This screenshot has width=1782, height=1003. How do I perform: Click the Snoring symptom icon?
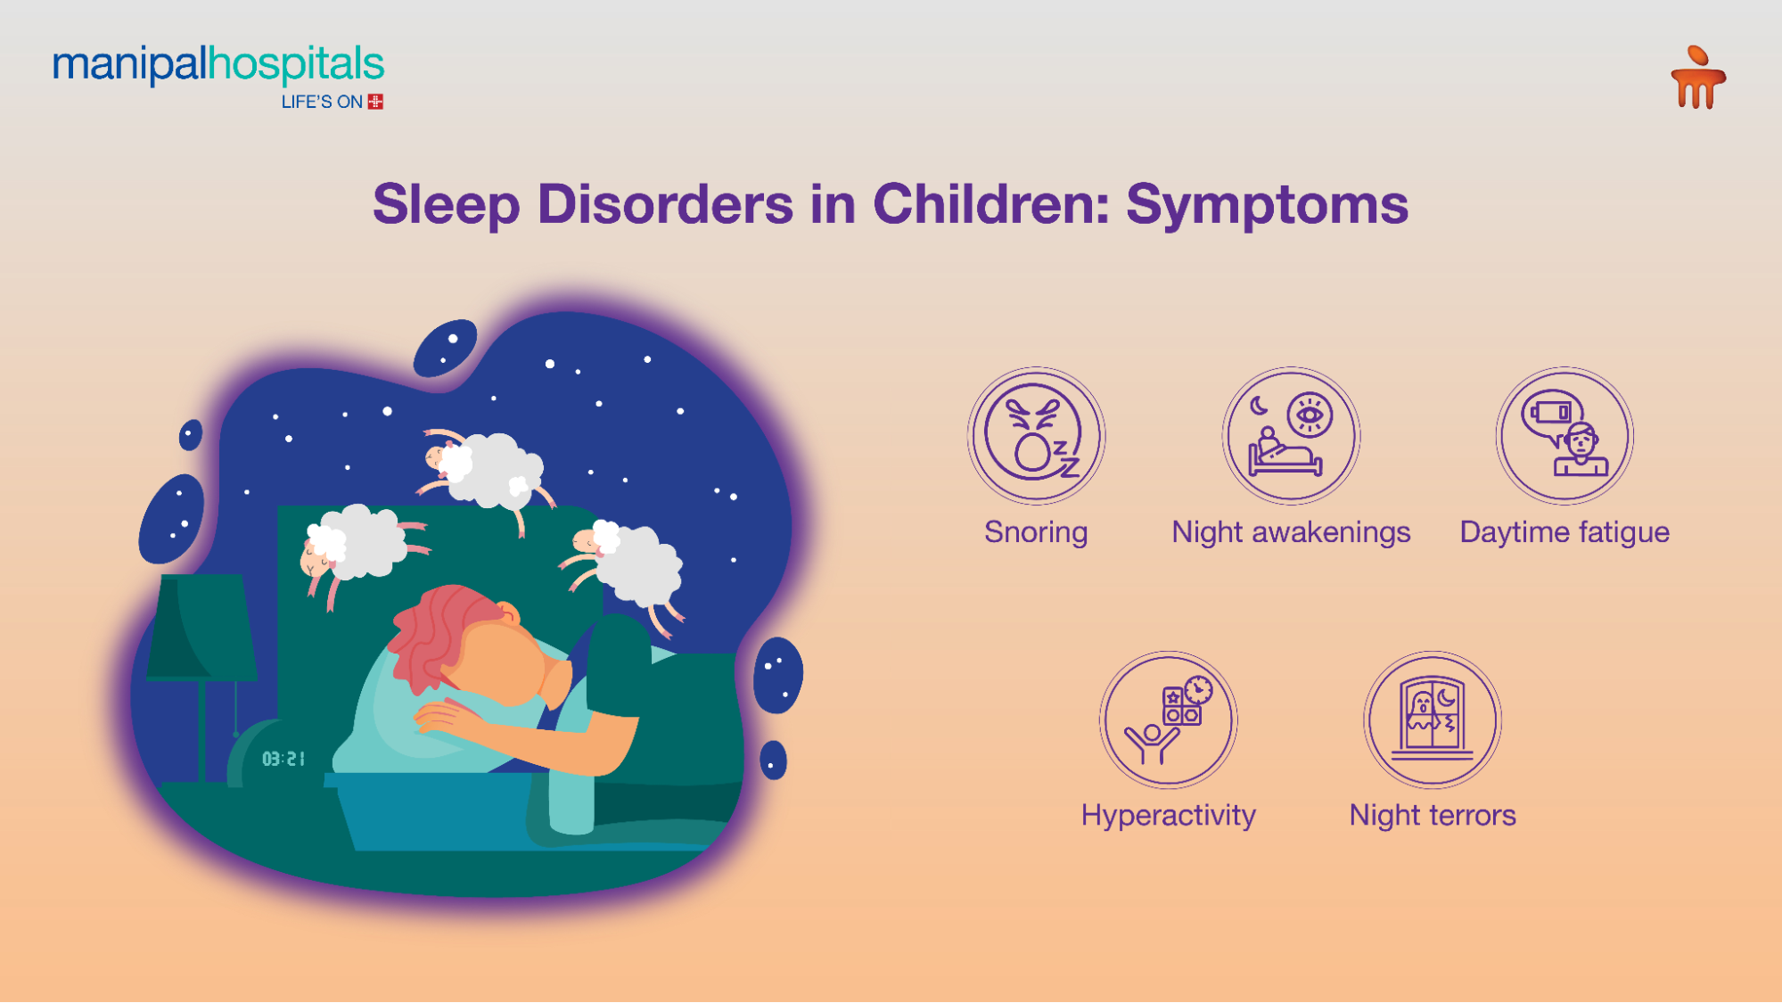[x=1036, y=436]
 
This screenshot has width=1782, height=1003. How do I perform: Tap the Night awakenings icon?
[x=1291, y=436]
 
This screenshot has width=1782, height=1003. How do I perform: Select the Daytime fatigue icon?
[x=1564, y=436]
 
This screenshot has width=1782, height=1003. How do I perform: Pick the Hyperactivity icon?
[x=1168, y=719]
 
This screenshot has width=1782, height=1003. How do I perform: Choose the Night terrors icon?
[x=1433, y=719]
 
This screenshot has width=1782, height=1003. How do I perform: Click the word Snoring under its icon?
[x=1036, y=532]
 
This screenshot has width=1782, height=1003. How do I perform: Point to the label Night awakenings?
[x=1291, y=532]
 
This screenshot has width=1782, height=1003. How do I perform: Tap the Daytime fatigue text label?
[x=1564, y=532]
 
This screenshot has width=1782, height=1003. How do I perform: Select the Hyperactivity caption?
[x=1168, y=815]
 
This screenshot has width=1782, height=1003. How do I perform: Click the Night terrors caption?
[x=1433, y=815]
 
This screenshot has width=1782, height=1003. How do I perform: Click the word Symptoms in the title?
[x=1267, y=205]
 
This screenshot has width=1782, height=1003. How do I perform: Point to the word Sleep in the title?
[x=446, y=205]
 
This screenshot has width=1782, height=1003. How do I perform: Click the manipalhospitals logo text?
[x=218, y=65]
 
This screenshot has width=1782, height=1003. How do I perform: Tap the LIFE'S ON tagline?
[x=322, y=103]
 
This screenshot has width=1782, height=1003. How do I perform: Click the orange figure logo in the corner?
[x=1698, y=78]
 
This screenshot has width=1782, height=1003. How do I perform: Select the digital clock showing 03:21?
[x=283, y=759]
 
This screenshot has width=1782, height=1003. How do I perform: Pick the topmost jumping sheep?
[x=486, y=468]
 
